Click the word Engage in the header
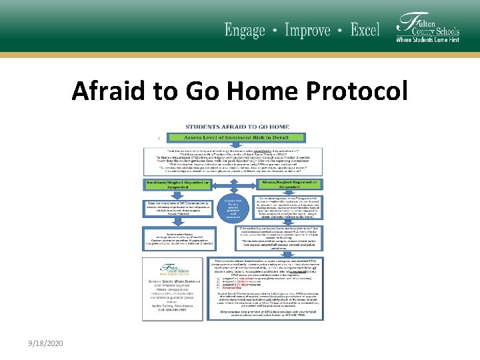tap(245, 30)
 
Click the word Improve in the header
tap(307, 30)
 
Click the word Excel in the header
tap(365, 30)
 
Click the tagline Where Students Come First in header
tap(427, 40)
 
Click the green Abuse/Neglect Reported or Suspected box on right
tap(289, 183)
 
